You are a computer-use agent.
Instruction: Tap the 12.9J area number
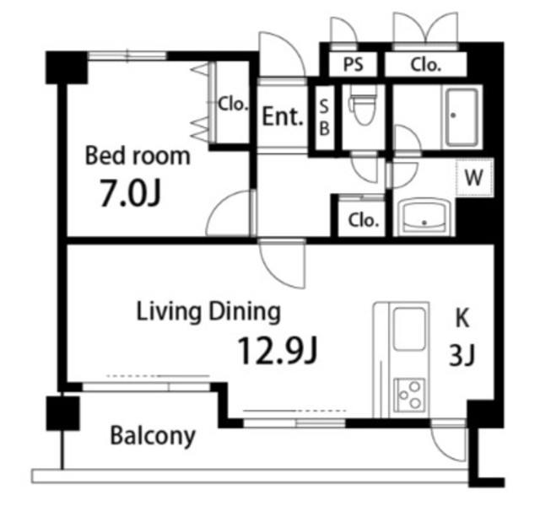pyautogui.click(x=277, y=350)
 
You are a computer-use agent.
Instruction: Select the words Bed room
pyautogui.click(x=138, y=156)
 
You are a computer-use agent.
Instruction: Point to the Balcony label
pyautogui.click(x=153, y=437)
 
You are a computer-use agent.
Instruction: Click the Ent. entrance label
pyautogui.click(x=283, y=116)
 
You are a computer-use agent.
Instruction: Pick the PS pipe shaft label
pyautogui.click(x=353, y=64)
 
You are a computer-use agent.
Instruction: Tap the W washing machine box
pyautogui.click(x=474, y=177)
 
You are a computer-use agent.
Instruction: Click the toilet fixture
pyautogui.click(x=363, y=105)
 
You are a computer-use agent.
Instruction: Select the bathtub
pyautogui.click(x=462, y=117)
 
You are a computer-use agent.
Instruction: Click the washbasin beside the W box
pyautogui.click(x=425, y=218)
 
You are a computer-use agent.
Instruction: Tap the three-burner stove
pyautogui.click(x=409, y=396)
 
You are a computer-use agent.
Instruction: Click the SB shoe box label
pyautogui.click(x=324, y=117)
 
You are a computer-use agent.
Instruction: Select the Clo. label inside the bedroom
pyautogui.click(x=233, y=103)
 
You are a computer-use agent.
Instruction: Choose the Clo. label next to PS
pyautogui.click(x=425, y=64)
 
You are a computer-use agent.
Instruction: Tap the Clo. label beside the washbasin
pyautogui.click(x=364, y=220)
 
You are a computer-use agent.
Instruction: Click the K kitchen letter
pyautogui.click(x=462, y=318)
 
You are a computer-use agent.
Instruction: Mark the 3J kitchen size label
pyautogui.click(x=462, y=355)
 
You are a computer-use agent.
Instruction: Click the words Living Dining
pyautogui.click(x=208, y=312)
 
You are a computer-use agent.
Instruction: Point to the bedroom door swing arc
pyautogui.click(x=220, y=203)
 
